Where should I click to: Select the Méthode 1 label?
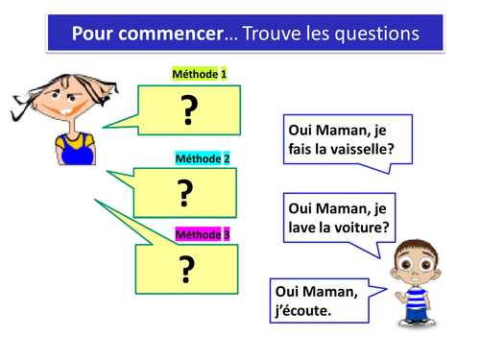pyautogui.click(x=200, y=74)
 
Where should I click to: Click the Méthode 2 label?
pyautogui.click(x=202, y=158)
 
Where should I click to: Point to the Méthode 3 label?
pyautogui.click(x=202, y=233)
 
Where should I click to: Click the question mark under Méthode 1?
pyautogui.click(x=188, y=112)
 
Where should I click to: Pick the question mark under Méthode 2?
pyautogui.click(x=185, y=193)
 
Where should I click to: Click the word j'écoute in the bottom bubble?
pyautogui.click(x=305, y=309)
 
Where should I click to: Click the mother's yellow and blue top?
pyautogui.click(x=74, y=147)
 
